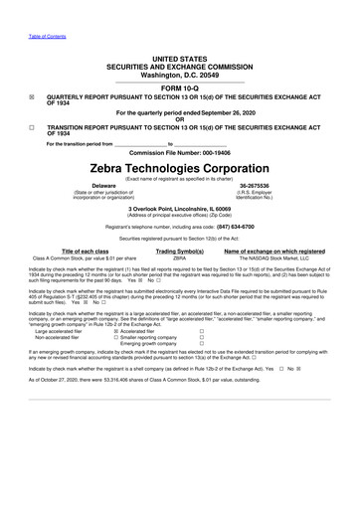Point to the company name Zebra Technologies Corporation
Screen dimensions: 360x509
pyautogui.click(x=179, y=168)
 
